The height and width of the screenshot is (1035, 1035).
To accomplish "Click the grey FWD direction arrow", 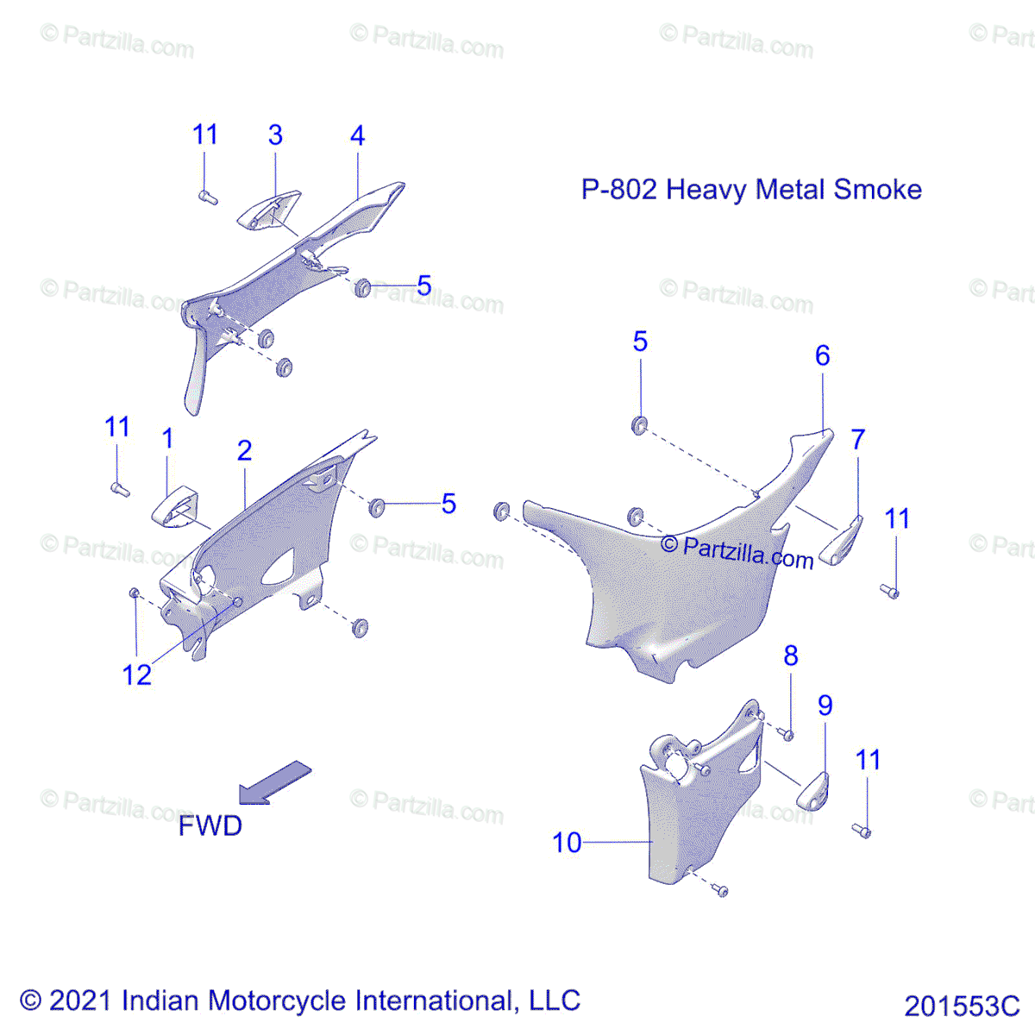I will (274, 782).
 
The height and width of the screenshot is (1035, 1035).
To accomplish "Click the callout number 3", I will (275, 135).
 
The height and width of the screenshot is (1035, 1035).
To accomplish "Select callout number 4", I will (357, 135).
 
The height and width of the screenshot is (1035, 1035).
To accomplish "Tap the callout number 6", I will (822, 355).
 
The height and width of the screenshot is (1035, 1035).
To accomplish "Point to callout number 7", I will (857, 440).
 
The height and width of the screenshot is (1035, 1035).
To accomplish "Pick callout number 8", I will (791, 656).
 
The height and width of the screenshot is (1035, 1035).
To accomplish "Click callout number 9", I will (825, 706).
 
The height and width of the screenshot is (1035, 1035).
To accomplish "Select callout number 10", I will (567, 843).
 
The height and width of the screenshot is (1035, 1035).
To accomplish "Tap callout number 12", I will (137, 675).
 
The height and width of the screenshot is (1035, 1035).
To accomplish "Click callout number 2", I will (245, 450).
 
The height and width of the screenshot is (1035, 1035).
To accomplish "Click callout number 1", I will (168, 439).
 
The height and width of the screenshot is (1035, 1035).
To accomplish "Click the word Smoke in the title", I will (878, 190).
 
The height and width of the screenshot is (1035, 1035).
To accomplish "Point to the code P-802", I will (619, 190).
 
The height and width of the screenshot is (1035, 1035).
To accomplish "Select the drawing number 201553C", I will (962, 1007).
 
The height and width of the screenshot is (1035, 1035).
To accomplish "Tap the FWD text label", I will (210, 825).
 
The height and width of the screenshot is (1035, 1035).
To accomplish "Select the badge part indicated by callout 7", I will (841, 542).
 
